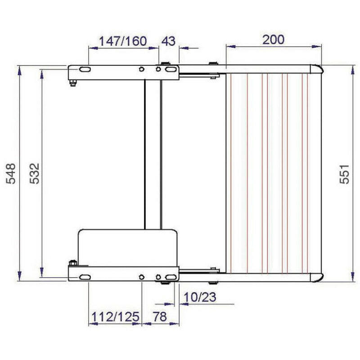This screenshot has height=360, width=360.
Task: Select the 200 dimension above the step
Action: click(x=274, y=40)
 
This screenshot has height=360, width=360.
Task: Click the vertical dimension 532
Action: click(x=35, y=173)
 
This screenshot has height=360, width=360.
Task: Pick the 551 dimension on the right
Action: click(x=344, y=173)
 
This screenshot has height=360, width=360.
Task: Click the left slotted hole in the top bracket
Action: click(x=84, y=70)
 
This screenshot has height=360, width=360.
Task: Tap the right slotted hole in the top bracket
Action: click(x=170, y=70)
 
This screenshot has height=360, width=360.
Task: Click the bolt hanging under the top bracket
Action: click(x=73, y=82)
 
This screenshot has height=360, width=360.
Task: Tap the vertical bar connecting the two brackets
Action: click(x=152, y=153)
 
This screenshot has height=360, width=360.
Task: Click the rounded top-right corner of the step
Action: click(x=317, y=69)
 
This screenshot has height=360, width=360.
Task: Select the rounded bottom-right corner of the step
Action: click(x=317, y=277)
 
